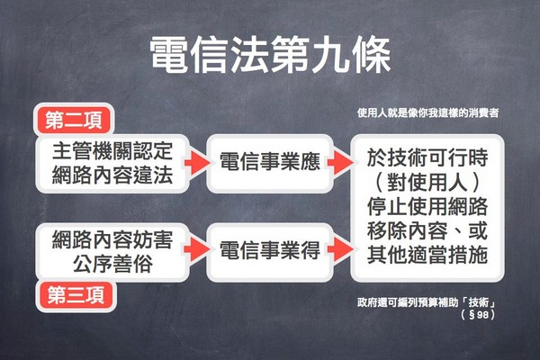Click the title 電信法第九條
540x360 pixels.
270,55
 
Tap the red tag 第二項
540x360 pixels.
74,120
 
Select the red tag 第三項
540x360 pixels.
76,295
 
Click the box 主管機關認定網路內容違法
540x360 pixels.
112,163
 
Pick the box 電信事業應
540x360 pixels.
270,163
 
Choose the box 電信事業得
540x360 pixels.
270,251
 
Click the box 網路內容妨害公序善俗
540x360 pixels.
112,252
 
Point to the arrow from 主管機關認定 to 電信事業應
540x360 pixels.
197,163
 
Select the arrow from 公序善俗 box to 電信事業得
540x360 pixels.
197,248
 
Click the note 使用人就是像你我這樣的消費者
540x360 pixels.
427,113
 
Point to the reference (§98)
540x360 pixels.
478,314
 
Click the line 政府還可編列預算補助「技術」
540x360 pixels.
427,302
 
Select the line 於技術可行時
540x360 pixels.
427,157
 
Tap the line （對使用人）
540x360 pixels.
427,182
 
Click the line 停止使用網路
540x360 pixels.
427,206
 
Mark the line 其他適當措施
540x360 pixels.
427,255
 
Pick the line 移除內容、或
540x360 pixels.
427,230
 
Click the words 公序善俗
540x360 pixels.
112,264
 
